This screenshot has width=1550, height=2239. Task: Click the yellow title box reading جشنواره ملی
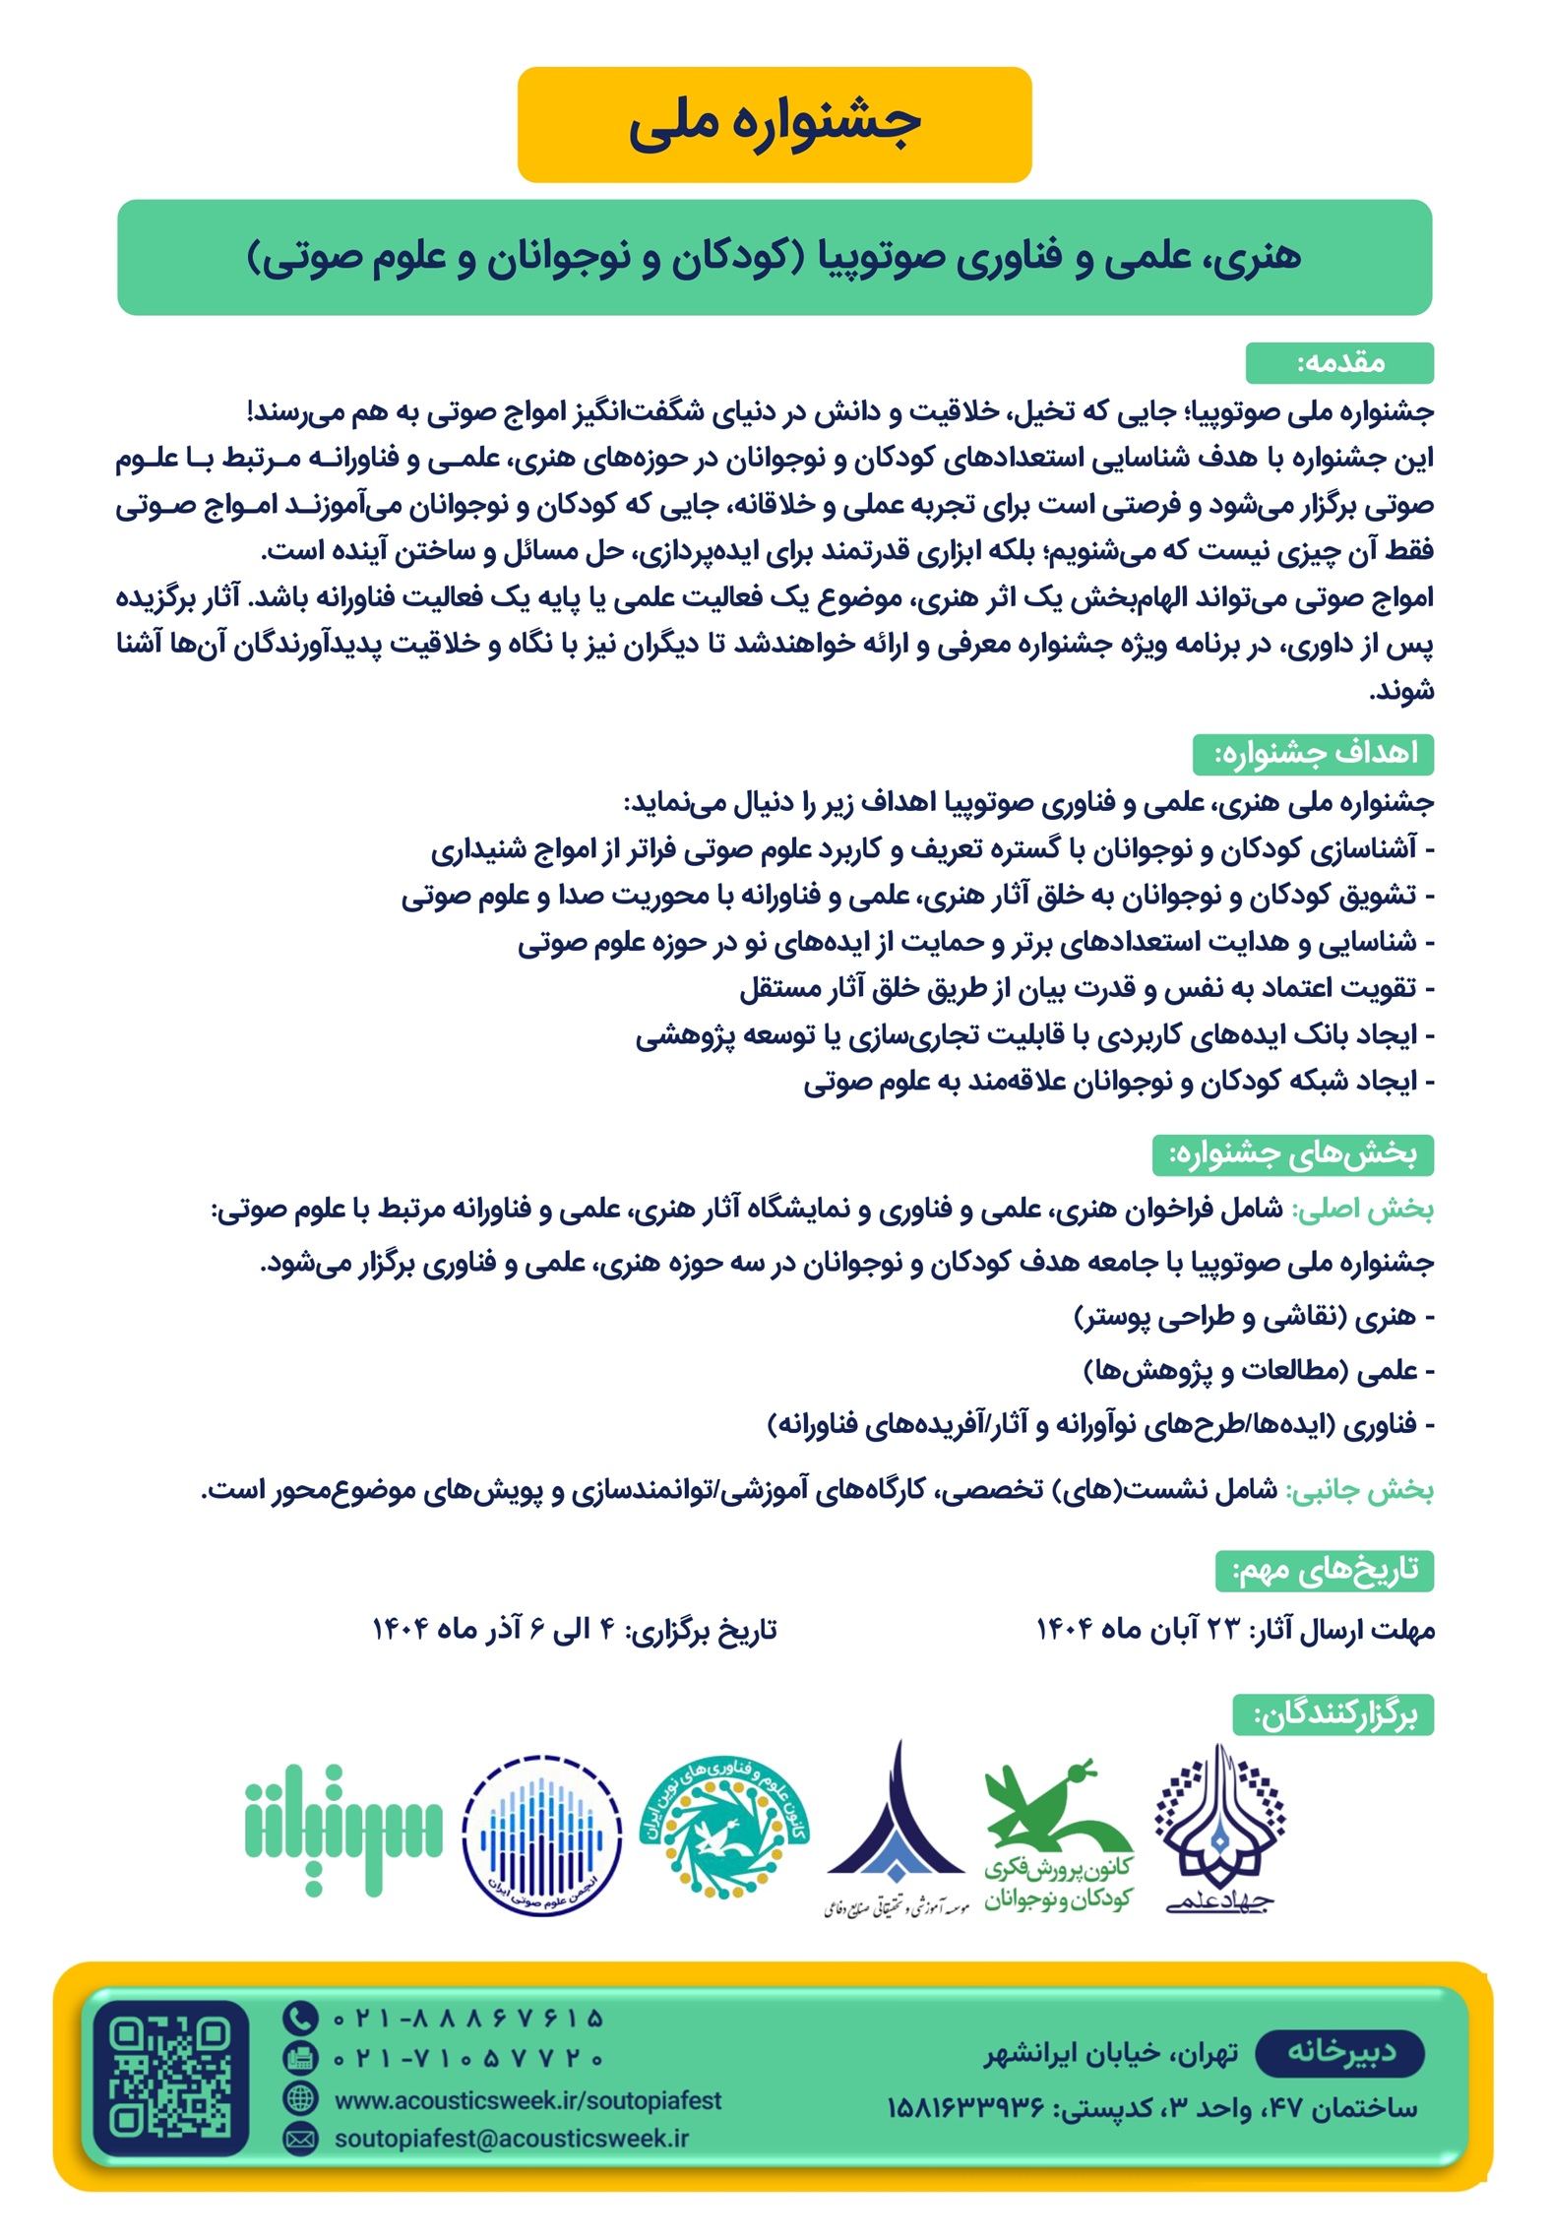click(x=774, y=124)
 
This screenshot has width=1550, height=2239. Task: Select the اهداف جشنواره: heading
click(x=1313, y=754)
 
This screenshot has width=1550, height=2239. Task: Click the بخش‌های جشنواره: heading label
click(x=1292, y=1154)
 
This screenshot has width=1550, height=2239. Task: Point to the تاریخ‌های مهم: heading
click(x=1325, y=1571)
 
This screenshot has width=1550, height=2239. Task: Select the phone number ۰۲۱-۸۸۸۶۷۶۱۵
click(x=468, y=2019)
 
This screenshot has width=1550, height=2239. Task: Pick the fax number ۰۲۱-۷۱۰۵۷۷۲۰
click(x=468, y=2058)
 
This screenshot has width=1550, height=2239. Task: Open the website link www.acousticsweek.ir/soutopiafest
click(x=527, y=2100)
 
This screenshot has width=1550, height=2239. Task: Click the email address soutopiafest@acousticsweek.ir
click(x=511, y=2139)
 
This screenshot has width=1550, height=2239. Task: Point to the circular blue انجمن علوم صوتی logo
click(x=541, y=1835)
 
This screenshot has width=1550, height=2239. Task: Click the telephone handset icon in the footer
click(x=299, y=2019)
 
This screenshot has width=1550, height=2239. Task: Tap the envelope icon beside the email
click(x=299, y=2139)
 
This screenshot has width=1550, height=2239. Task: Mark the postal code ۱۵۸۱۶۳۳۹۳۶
click(x=965, y=2108)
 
